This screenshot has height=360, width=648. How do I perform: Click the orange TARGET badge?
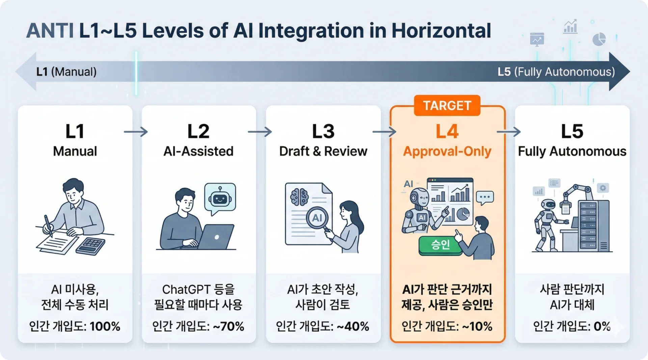447,105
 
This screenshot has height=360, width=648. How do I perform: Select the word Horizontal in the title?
441,31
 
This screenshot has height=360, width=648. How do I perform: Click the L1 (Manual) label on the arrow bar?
66,72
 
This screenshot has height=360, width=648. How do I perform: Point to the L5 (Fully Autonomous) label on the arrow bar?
556,72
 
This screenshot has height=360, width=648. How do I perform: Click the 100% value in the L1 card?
105,326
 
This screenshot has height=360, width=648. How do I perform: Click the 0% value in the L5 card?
602,326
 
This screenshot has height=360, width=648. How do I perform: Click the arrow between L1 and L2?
136,131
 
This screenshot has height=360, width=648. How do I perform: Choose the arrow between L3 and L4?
384,131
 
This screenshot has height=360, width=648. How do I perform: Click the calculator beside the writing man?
90,246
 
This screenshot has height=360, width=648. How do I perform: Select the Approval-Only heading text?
447,152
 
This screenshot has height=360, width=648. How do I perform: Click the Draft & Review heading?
323,151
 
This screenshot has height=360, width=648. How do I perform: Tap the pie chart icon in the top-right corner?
599,39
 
